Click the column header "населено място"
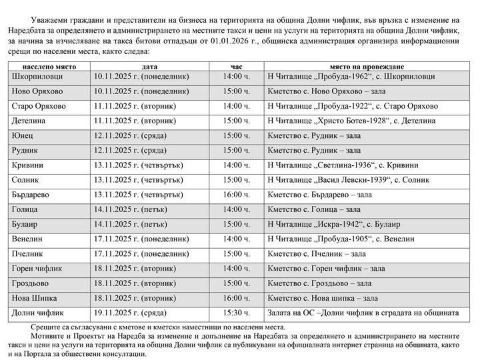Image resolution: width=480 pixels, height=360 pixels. (x=49, y=67)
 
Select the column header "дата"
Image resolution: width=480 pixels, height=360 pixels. (x=149, y=67)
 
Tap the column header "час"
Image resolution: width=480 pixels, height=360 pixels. (x=237, y=67)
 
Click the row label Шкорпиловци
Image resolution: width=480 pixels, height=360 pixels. (x=38, y=77)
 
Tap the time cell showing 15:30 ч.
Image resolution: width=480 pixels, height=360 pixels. (x=237, y=313)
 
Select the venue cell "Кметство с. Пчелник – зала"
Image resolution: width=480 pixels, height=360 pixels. (x=316, y=254)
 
